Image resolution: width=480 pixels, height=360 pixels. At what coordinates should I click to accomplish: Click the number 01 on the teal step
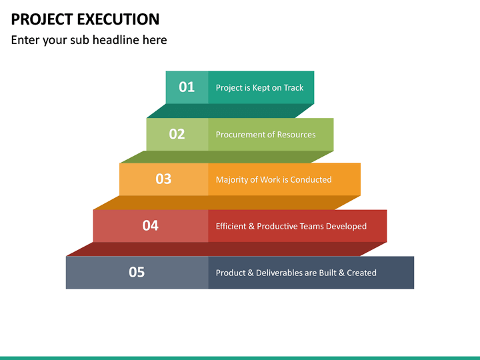(187, 87)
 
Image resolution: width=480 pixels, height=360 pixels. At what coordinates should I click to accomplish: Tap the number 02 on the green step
(177, 134)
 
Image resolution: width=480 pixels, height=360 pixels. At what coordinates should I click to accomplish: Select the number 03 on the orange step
(163, 179)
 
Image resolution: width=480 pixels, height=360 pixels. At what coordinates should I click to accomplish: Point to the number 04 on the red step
(150, 225)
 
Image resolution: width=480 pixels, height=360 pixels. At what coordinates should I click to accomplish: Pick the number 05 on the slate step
(137, 272)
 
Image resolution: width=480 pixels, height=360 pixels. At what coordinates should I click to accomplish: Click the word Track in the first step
(293, 88)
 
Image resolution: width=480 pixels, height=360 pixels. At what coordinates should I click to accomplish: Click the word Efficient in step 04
(231, 226)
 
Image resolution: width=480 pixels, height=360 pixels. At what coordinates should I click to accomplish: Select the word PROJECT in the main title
(38, 19)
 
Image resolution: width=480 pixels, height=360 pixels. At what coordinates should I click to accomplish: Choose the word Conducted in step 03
(311, 179)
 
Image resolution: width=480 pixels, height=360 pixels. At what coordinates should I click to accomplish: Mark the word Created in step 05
(361, 273)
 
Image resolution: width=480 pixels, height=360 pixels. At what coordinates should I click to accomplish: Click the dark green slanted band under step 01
(230, 111)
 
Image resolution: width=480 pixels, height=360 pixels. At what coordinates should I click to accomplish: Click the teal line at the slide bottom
(240, 357)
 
